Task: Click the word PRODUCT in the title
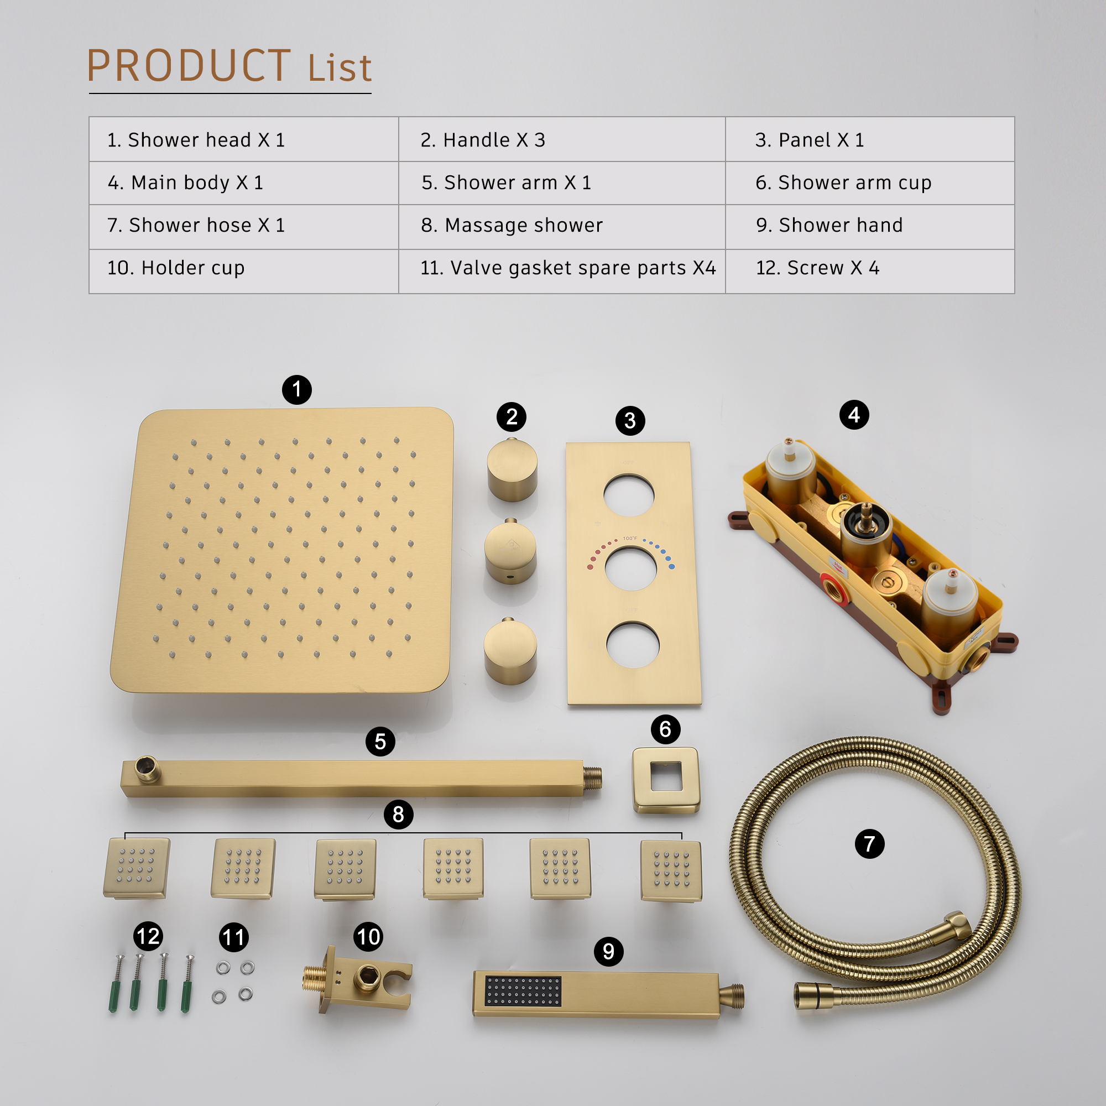(x=189, y=66)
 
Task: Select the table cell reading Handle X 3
(x=483, y=140)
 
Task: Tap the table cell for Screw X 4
(x=817, y=267)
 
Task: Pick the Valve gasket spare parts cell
(x=567, y=267)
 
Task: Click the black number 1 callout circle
(x=296, y=390)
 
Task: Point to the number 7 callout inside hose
(x=869, y=844)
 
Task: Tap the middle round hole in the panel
(x=631, y=569)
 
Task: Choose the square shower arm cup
(x=666, y=780)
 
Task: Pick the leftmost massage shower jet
(x=136, y=868)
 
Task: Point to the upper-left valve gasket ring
(x=223, y=967)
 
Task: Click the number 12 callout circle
(x=148, y=937)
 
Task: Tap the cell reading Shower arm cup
(x=843, y=182)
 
